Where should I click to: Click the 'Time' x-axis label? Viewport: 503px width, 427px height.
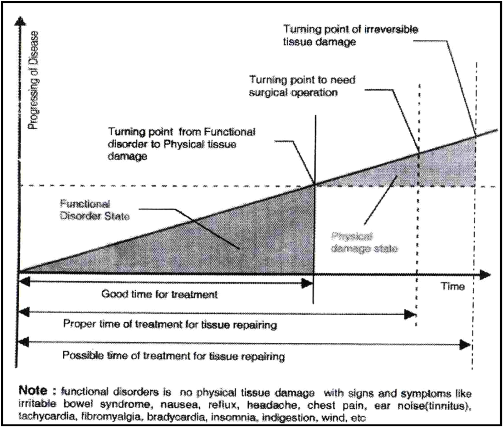[x=452, y=287]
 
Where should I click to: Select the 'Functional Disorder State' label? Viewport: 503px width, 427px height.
[x=95, y=210]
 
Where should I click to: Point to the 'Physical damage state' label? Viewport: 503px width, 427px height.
[x=364, y=242]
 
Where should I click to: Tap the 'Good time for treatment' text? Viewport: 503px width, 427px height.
[x=159, y=294]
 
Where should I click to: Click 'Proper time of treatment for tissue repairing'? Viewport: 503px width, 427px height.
[x=170, y=325]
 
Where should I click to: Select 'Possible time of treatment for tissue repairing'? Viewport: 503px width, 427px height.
[x=174, y=356]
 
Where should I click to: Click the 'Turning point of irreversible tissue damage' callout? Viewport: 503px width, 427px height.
[x=350, y=35]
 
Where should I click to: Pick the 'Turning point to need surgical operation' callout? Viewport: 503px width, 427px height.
[x=302, y=86]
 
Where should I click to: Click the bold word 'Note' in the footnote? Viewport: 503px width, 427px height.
[x=33, y=391]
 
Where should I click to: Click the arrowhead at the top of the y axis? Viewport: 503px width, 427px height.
[x=18, y=21]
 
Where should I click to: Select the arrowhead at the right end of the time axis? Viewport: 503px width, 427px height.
[x=485, y=274]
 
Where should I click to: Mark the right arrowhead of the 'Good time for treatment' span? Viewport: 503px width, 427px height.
[x=309, y=284]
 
